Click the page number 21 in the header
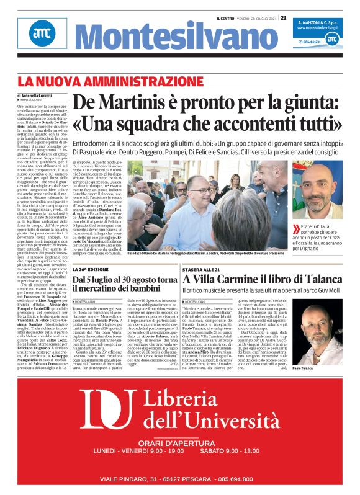coord(283,18)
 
